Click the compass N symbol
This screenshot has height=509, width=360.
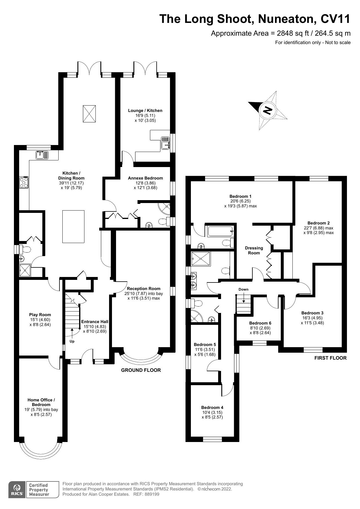[267, 110]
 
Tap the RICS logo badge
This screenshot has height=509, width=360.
[17, 490]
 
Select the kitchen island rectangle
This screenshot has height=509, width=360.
[73, 227]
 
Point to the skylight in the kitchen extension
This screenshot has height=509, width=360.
[89, 114]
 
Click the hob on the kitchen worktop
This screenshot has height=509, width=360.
[24, 182]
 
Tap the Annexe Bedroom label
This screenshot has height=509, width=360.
[145, 178]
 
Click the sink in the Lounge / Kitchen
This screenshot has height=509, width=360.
[165, 143]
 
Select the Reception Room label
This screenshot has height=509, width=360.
[144, 289]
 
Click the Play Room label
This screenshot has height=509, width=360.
[40, 315]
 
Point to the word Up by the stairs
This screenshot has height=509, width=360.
[72, 341]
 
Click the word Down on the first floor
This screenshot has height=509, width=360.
[243, 289]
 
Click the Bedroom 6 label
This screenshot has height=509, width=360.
[260, 323]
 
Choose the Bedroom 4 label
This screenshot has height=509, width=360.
[212, 407]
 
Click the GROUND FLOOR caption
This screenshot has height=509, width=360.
[141, 370]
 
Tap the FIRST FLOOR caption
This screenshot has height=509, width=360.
[330, 358]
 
